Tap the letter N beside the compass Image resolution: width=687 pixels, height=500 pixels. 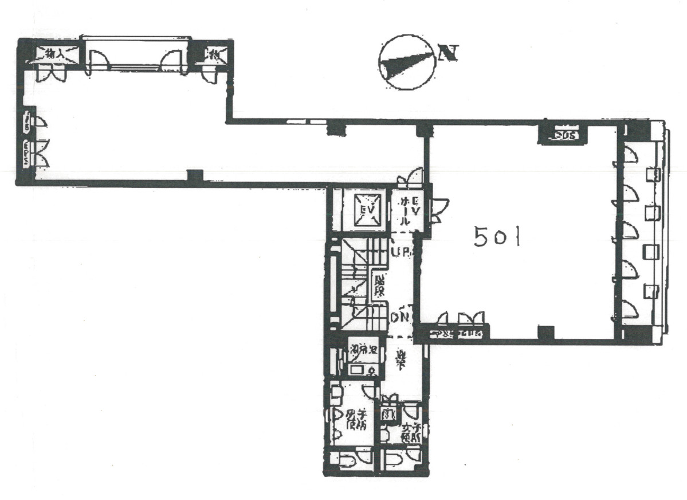pyautogui.click(x=447, y=54)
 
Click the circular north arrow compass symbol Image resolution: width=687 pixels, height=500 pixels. pyautogui.click(x=406, y=62)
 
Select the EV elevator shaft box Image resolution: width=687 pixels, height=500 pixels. pyautogui.click(x=367, y=210)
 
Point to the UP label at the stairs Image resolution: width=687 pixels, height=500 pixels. pyautogui.click(x=402, y=252)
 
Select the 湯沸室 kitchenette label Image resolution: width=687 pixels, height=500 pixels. pyautogui.click(x=363, y=348)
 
